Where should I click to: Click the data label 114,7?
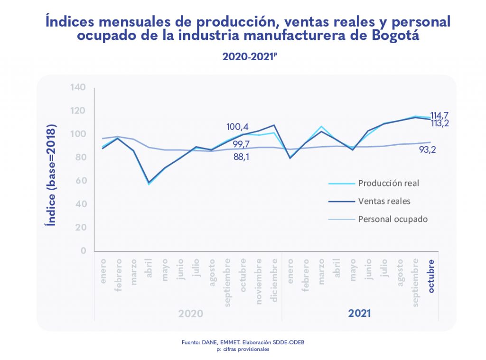(x=439, y=115)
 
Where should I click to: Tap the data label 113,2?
(x=439, y=123)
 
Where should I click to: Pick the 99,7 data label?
(x=242, y=144)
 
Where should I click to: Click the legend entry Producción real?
(x=388, y=183)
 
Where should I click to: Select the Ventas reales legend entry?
(x=384, y=201)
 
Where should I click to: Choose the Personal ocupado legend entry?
(x=393, y=219)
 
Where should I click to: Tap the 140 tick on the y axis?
(x=77, y=87)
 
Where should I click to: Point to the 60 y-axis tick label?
(x=80, y=181)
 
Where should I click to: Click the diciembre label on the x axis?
(x=274, y=274)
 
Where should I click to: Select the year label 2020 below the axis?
(x=191, y=314)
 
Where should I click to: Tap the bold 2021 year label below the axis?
(x=360, y=314)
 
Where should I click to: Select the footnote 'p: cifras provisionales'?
(x=243, y=349)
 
